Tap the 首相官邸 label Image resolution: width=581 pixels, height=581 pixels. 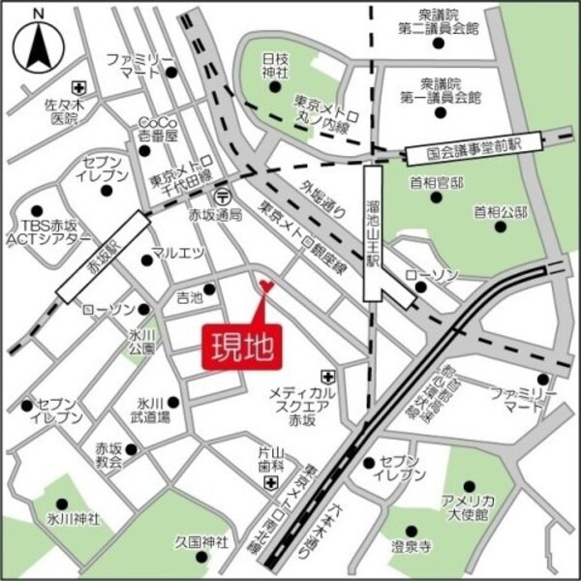(x=436, y=183)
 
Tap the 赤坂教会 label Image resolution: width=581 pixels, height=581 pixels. (x=109, y=455)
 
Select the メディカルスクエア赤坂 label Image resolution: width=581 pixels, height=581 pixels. (x=303, y=405)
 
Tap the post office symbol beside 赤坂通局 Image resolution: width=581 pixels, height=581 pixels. (x=225, y=193)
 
